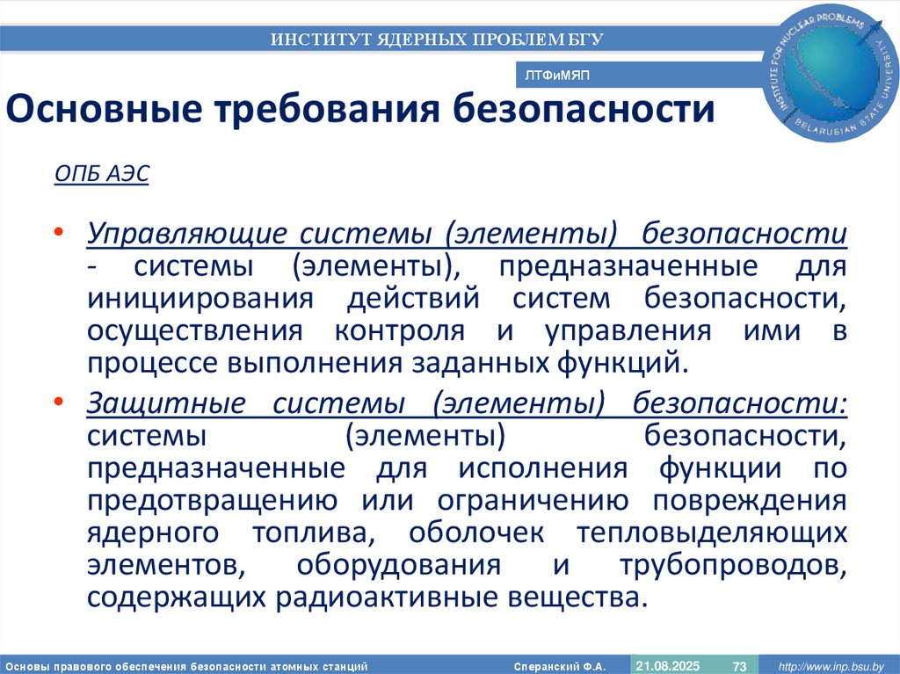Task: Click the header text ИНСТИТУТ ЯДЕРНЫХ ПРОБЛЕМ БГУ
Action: point(437,39)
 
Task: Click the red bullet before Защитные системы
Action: point(58,400)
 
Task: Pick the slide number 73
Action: point(739,664)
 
